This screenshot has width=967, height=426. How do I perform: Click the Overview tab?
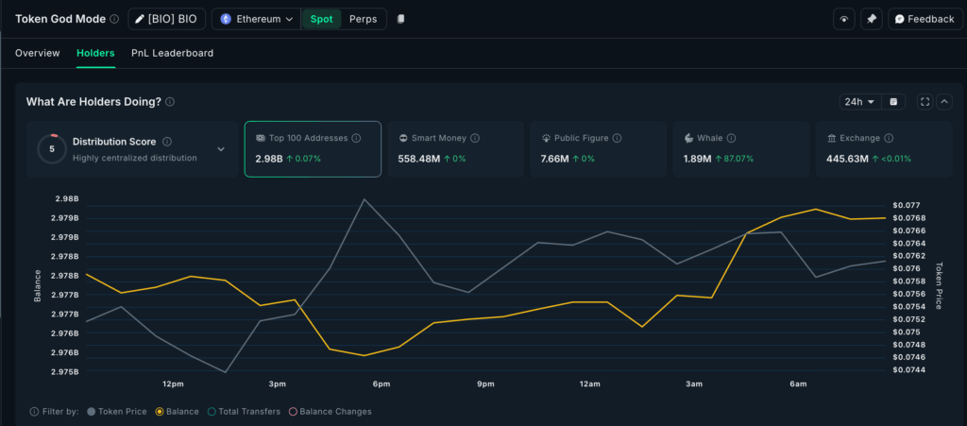pos(37,53)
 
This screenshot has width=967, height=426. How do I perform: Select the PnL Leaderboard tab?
pos(172,53)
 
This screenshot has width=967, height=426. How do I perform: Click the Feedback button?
pos(924,19)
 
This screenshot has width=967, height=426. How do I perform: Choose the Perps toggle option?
pos(363,19)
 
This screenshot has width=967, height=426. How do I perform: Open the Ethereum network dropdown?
pos(257,19)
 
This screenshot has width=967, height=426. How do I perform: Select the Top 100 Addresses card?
pos(313,148)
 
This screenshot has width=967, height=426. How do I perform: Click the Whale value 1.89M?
pos(697,159)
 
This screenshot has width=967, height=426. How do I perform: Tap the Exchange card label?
pos(859,138)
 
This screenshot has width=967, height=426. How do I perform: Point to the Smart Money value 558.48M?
pos(419,159)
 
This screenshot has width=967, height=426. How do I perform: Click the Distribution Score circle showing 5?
pos(52,148)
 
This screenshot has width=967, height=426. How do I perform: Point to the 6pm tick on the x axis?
pos(382,384)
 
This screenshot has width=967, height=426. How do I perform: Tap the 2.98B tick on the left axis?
pos(66,198)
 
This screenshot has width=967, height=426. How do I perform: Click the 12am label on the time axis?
pos(590,384)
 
